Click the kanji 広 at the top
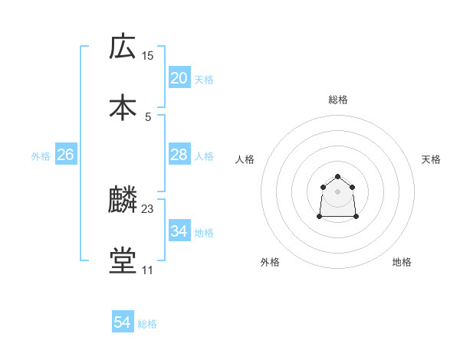pos(123,47)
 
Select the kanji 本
pos(123,107)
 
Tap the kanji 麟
pos(123,200)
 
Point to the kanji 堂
pos(123,260)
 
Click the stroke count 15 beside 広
pos(148,56)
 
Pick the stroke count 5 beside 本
pos(148,116)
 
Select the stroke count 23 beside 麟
pos(148,209)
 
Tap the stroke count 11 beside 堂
pos(148,270)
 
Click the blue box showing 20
pos(179,78)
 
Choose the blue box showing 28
pos(179,155)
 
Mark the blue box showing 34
pos(179,231)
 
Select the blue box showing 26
pos(65,155)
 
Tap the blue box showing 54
pos(123,323)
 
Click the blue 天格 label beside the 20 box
pos(204,80)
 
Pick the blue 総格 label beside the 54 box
pos(147,324)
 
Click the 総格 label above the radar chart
pos(338,100)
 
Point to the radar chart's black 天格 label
pos(432,159)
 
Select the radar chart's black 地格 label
pos(402,262)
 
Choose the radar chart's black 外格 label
pos(270,262)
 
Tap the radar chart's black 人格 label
pos(245,159)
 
